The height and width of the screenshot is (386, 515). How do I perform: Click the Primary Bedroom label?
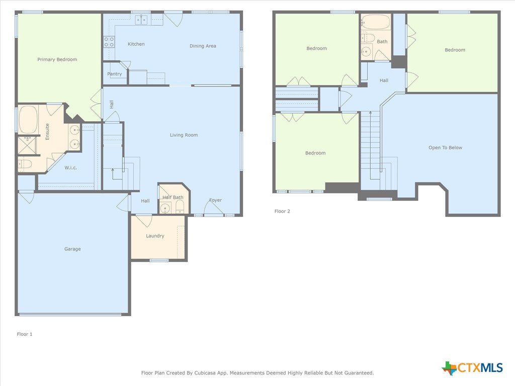[x=57, y=59]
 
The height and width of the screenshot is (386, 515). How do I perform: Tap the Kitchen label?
[x=136, y=44]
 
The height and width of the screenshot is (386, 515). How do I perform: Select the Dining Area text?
[x=203, y=46]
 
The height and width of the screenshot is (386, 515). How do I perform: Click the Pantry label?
[x=115, y=74]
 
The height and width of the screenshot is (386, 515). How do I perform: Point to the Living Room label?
[x=184, y=135]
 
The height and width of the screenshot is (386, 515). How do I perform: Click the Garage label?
[x=72, y=249]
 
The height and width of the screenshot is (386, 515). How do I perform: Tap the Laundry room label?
[x=155, y=236]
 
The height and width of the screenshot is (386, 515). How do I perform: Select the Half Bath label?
[x=173, y=198]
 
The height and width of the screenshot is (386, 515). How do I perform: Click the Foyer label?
[x=215, y=200]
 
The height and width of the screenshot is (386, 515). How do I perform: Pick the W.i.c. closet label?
[x=70, y=168]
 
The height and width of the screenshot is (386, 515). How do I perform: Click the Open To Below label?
[x=445, y=148]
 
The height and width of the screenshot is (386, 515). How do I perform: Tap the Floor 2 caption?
[x=282, y=211]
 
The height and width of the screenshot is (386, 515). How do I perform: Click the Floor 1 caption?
[x=25, y=334]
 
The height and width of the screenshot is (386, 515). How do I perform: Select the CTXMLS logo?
[x=472, y=368]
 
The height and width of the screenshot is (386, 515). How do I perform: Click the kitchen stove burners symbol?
[x=109, y=42]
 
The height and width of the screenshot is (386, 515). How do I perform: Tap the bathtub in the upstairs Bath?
[x=376, y=22]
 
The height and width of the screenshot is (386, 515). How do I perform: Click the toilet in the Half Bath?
[x=180, y=208]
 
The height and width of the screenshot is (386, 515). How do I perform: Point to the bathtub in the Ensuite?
[x=28, y=119]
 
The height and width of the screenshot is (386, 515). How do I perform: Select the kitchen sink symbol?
[x=140, y=19]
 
